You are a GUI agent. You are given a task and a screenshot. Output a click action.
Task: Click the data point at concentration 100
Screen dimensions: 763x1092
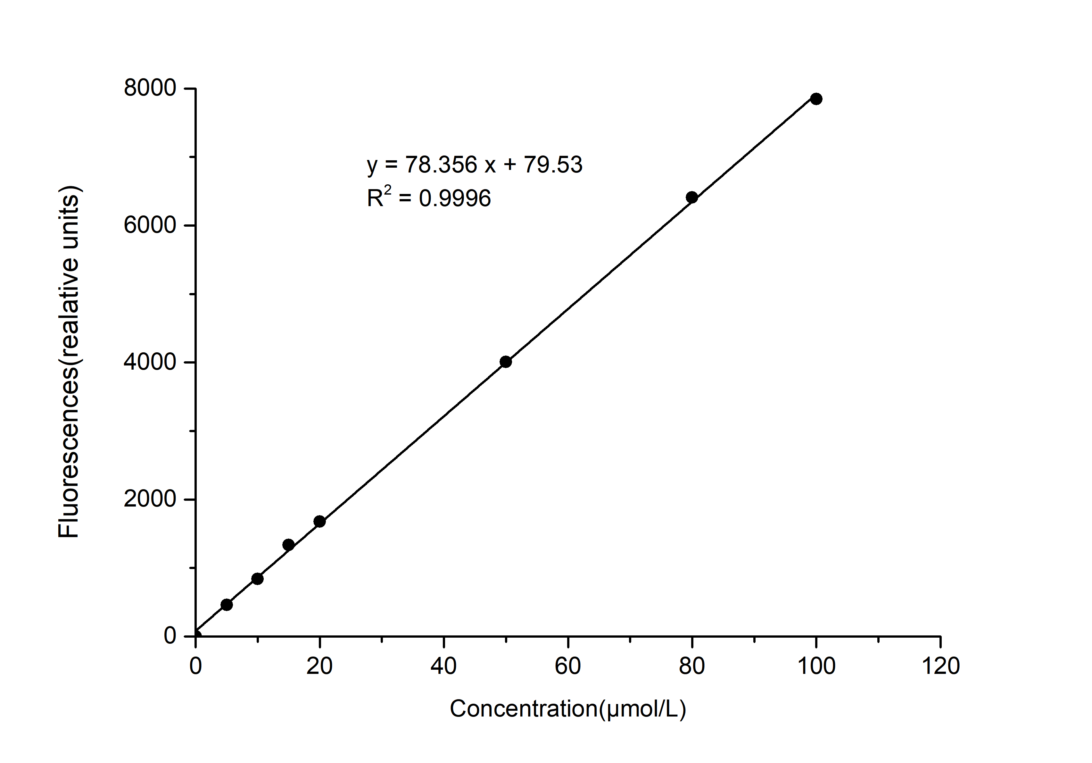(816, 99)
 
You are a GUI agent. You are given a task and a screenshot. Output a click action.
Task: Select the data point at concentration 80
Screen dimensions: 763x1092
(692, 197)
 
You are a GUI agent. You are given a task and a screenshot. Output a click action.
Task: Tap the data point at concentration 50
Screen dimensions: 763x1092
(506, 362)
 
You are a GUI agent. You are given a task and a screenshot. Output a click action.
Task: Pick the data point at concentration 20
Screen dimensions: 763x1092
(319, 521)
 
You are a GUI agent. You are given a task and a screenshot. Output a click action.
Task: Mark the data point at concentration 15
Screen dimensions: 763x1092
(288, 545)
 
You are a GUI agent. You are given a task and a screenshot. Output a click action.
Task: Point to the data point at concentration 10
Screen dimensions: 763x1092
(257, 579)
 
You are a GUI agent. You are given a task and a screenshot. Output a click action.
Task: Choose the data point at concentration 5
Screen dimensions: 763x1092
(227, 605)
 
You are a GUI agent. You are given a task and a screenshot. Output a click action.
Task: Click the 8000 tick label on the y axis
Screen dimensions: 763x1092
(150, 88)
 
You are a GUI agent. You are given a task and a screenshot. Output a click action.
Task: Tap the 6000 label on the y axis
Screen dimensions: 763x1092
(150, 226)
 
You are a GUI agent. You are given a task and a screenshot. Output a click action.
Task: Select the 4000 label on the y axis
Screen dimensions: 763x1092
(150, 363)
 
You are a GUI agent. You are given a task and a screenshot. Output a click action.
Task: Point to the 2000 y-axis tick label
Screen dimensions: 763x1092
(150, 499)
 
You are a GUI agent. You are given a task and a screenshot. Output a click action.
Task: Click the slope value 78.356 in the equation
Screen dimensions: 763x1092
(441, 165)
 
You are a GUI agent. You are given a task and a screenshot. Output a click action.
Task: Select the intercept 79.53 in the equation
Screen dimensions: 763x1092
(553, 165)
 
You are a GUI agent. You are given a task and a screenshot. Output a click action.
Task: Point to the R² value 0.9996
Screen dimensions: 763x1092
(455, 198)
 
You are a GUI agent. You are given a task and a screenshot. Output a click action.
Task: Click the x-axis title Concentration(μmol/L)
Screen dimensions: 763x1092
(568, 709)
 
